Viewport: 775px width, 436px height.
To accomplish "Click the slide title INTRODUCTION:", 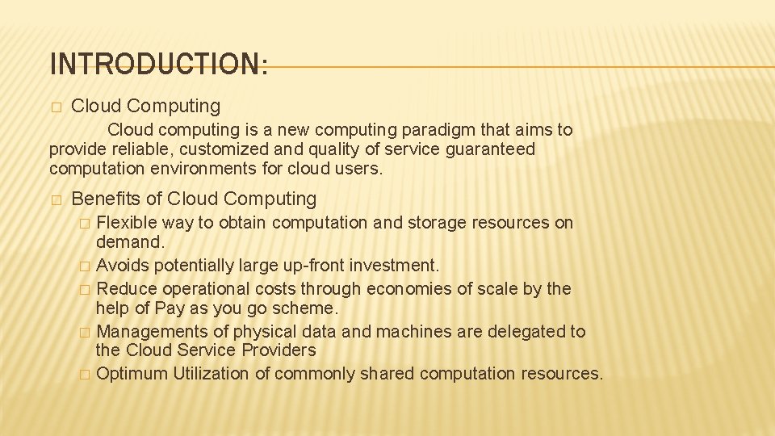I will pyautogui.click(x=158, y=63).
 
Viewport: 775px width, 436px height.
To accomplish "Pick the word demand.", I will pyautogui.click(x=129, y=241).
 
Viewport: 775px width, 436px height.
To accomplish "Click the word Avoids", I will pyautogui.click(x=123, y=265).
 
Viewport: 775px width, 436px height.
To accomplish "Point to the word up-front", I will pyautogui.click(x=302, y=265).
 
